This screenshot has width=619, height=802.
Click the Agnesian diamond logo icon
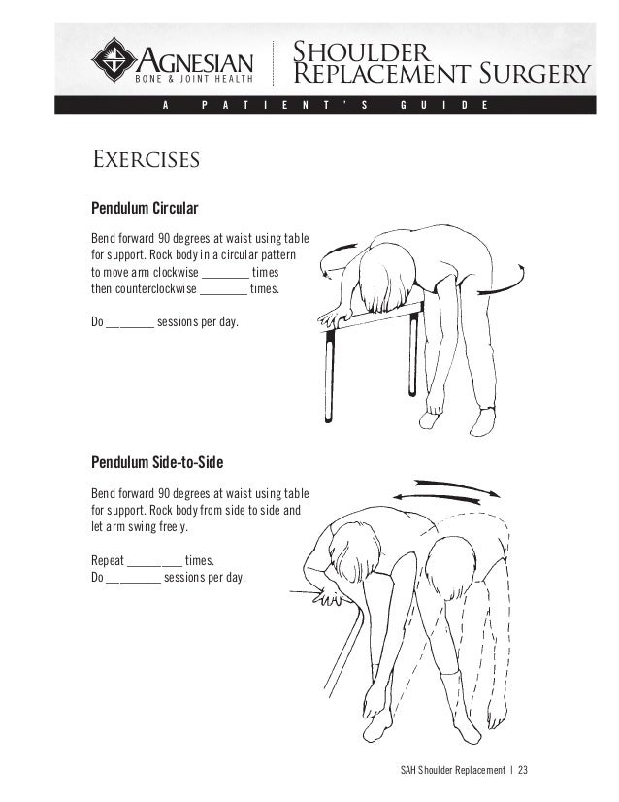point(115,59)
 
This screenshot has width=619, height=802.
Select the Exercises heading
point(145,158)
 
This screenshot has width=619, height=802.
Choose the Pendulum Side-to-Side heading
point(163,459)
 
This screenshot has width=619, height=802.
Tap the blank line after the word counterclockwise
point(223,290)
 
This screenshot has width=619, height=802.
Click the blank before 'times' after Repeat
point(155,562)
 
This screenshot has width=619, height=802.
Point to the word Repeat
point(107,560)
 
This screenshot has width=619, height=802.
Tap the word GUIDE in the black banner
point(436,105)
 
